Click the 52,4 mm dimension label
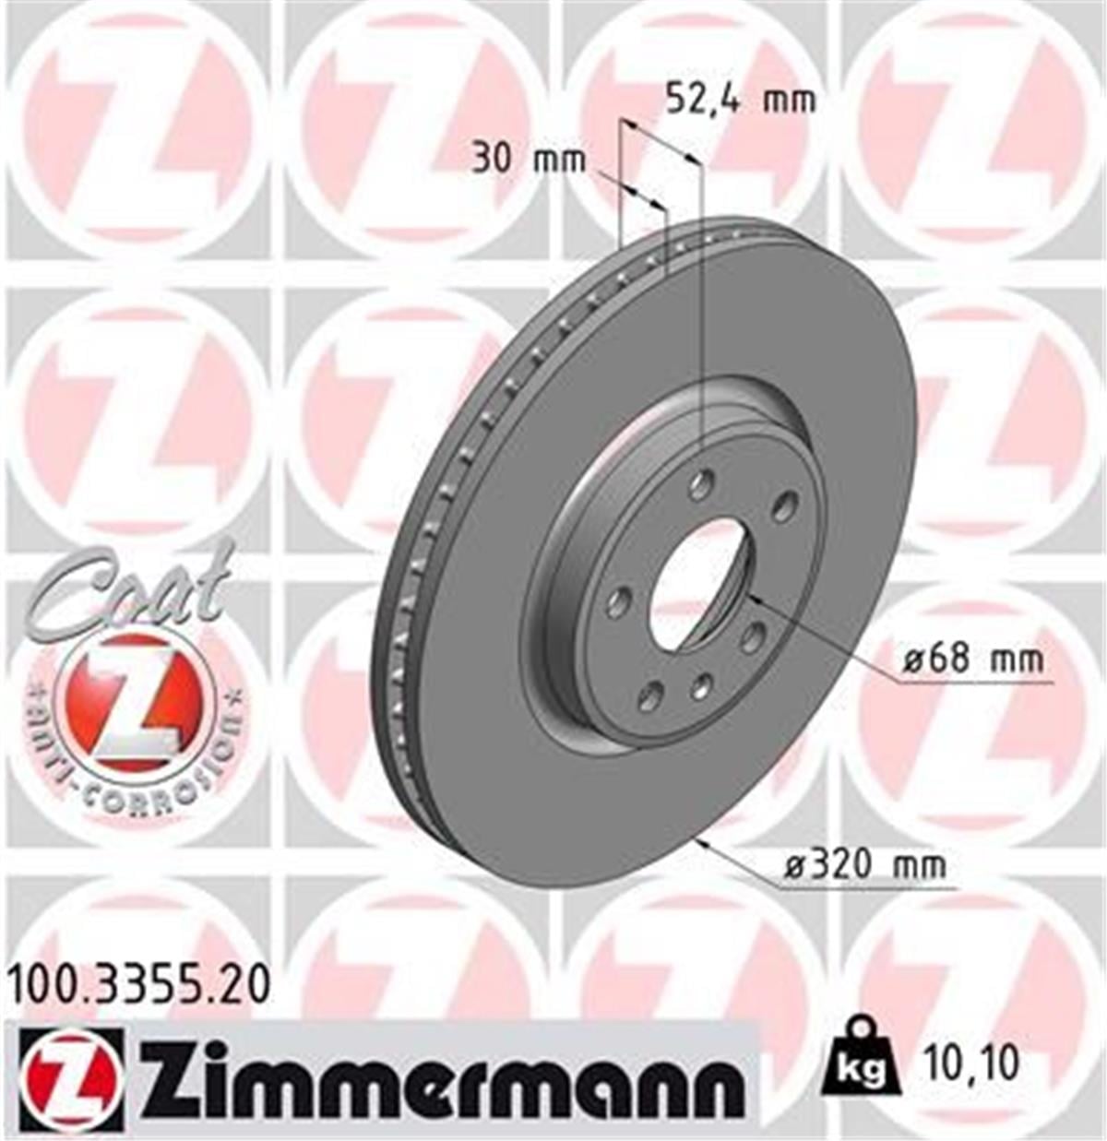click(x=741, y=98)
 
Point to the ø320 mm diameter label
click(x=864, y=865)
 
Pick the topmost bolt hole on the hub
click(x=703, y=482)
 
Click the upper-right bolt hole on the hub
click(x=784, y=505)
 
